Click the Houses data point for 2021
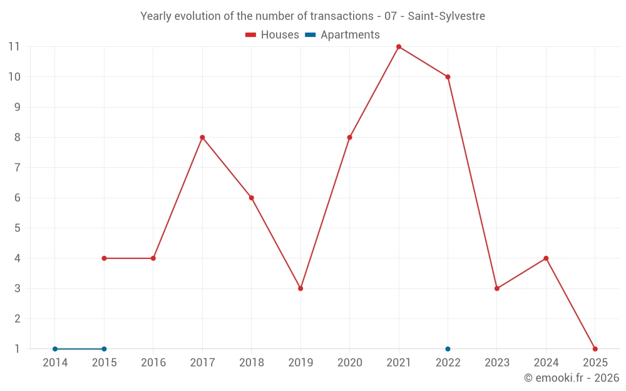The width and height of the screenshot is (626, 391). coord(399,47)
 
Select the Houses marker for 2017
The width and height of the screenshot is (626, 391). coord(202,138)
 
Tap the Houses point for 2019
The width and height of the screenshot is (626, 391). coord(300,288)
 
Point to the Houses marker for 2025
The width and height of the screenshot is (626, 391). coord(595,349)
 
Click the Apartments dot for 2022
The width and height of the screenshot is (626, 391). coord(448,349)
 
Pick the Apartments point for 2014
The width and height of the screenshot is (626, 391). coord(55,349)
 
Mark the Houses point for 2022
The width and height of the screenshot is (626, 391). coord(448,77)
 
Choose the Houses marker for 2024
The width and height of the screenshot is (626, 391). coord(546,258)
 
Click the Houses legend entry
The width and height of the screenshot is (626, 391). coord(272,35)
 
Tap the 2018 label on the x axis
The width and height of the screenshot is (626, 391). coord(251,363)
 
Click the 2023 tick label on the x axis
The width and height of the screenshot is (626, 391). coord(497,363)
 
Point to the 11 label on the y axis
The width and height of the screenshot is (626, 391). coord(14,46)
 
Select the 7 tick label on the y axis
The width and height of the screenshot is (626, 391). coord(18,168)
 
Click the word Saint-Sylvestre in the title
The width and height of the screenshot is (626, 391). coord(446,16)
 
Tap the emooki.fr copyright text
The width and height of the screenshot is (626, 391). coord(572,378)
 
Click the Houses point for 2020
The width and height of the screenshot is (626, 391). coord(349,138)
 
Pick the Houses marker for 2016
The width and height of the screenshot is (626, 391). coord(153,258)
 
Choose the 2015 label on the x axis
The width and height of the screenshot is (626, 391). coord(104,363)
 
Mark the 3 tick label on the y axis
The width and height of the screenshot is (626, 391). coord(18,288)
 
